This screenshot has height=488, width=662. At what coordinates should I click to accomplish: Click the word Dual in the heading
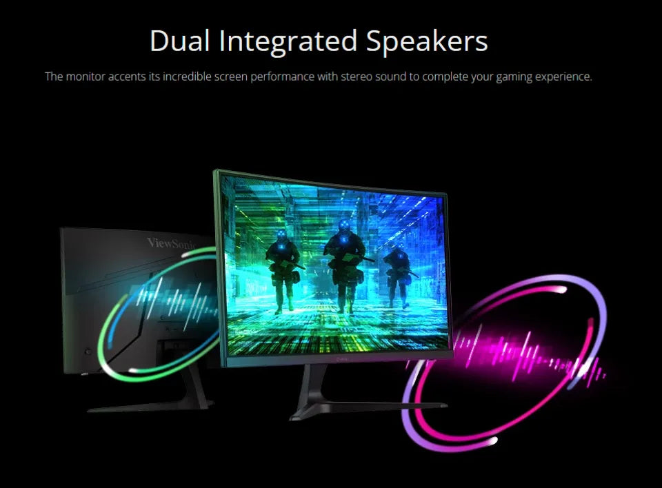[x=179, y=41]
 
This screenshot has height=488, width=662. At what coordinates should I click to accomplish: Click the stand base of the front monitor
[x=368, y=407]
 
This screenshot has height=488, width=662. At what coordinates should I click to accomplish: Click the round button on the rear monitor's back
[x=88, y=352]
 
